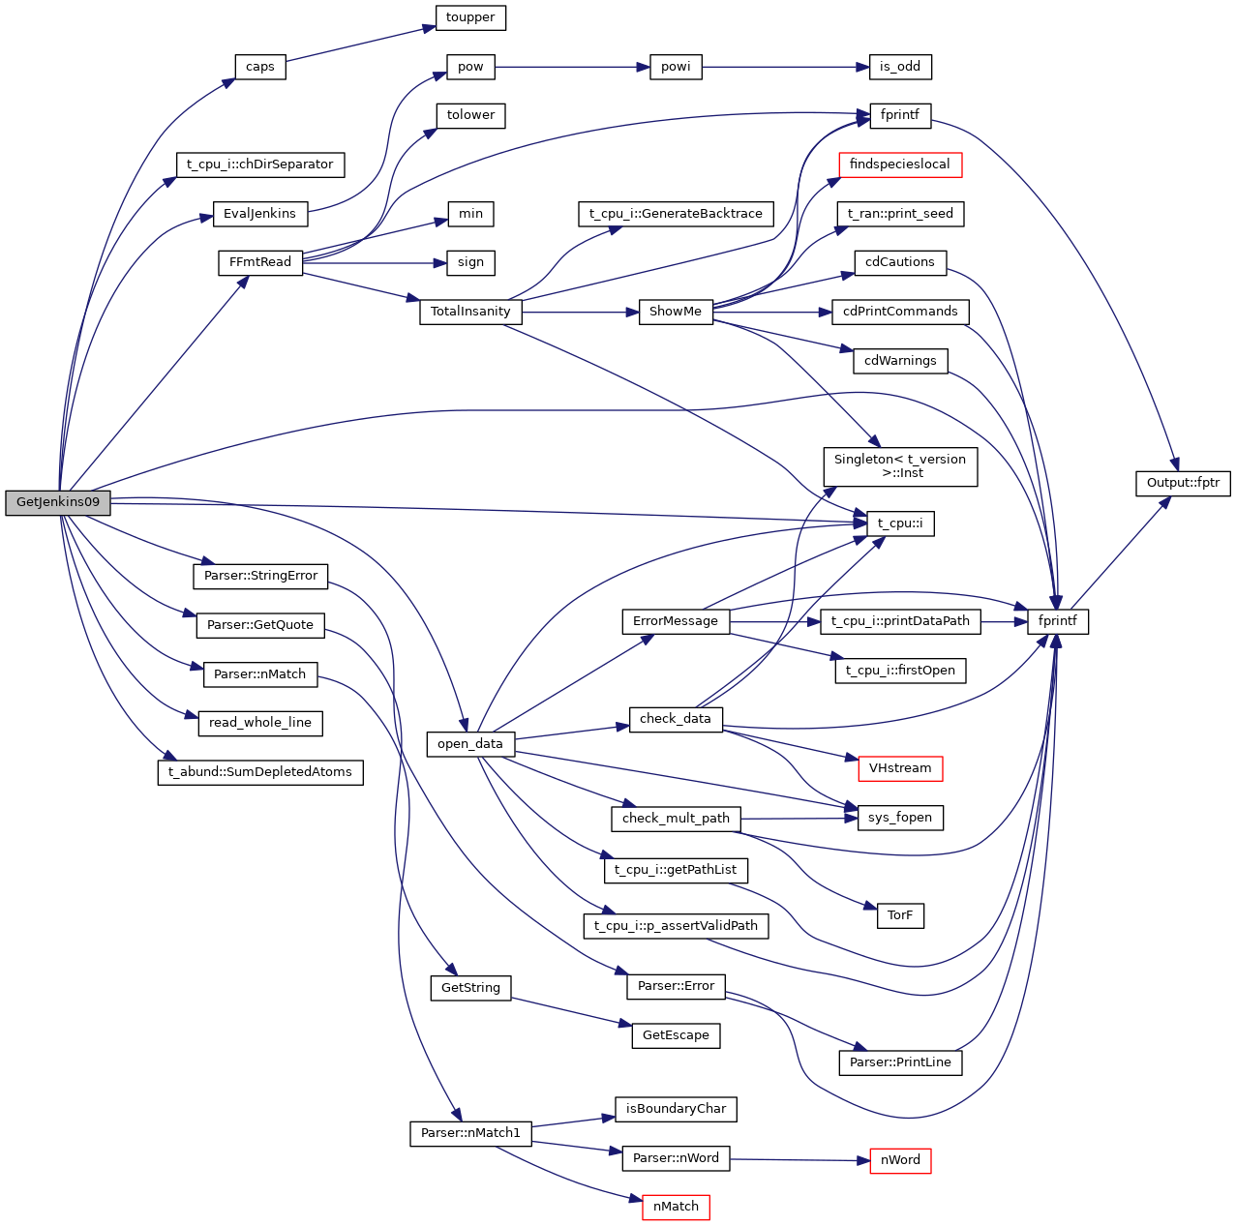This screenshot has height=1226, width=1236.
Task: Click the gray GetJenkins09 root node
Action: pos(58,502)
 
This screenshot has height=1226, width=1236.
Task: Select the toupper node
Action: pos(470,17)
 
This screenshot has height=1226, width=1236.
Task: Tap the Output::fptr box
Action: pos(1183,483)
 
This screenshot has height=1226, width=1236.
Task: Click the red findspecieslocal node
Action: pos(899,164)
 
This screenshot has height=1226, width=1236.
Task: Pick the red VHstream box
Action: pos(899,768)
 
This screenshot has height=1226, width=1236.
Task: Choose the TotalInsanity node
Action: pos(470,312)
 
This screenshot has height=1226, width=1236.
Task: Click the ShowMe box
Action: pos(676,312)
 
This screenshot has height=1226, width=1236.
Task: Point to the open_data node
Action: pos(470,744)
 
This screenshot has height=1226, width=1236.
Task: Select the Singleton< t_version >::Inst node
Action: pos(899,466)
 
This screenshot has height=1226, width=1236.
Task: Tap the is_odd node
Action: pos(899,67)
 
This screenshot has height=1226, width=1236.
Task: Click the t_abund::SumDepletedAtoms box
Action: pos(260,772)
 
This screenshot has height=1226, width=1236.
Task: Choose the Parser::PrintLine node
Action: pos(899,1062)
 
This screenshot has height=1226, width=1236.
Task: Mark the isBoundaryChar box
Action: pos(676,1109)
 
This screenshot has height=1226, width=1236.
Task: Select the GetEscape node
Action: pos(676,1035)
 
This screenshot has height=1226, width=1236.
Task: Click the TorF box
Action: pos(899,915)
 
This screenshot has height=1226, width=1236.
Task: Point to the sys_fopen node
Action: pos(899,818)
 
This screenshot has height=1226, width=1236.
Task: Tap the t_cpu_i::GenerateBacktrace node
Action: pos(676,214)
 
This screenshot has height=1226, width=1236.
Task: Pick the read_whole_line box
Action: pos(260,723)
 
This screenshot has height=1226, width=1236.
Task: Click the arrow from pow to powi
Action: pos(566,67)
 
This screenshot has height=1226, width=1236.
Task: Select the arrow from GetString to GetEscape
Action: pos(565,1010)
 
